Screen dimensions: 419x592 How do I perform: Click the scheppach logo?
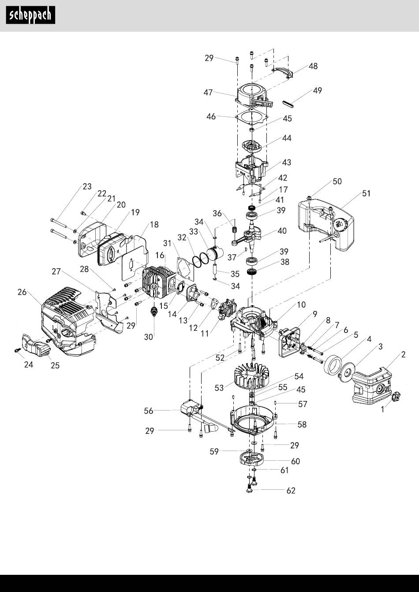(x=30, y=15)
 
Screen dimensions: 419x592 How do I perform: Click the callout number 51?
(x=366, y=193)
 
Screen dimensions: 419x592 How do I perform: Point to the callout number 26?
(x=22, y=292)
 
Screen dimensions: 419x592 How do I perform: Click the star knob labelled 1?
(x=396, y=396)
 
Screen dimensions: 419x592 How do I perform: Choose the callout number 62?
(x=291, y=491)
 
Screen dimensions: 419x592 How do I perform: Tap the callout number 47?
(x=208, y=92)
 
